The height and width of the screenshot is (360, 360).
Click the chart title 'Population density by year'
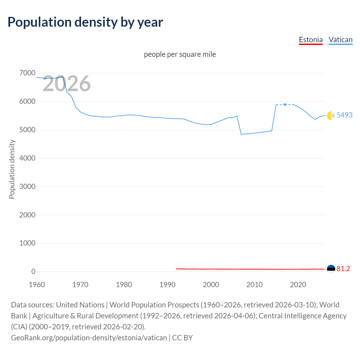pos(85,22)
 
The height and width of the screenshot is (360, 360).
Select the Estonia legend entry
pos(310,40)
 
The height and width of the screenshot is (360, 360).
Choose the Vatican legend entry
pos(340,40)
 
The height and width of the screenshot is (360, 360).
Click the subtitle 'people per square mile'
pos(180,54)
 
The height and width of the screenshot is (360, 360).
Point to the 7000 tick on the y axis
pos(27,73)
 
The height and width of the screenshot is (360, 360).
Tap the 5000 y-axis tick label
pos(27,130)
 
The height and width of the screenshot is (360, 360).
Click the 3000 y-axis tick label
pos(27,186)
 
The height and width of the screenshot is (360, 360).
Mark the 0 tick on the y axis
pos(33,271)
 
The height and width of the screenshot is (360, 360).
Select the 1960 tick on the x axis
pos(37,285)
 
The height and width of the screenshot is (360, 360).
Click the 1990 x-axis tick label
pos(167,285)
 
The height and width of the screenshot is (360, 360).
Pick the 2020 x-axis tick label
pos(298,285)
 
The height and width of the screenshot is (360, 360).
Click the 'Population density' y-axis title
pos(12,169)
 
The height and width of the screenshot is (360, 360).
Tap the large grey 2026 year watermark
pos(67,84)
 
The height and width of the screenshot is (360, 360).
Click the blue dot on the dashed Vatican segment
pos(285,105)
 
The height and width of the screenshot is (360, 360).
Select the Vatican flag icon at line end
pos(331,115)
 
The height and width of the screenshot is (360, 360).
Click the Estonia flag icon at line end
pos(331,269)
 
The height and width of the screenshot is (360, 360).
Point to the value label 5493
pos(345,115)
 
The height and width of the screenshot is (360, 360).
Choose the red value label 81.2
pos(343,269)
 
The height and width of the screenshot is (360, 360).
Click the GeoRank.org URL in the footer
pos(89,337)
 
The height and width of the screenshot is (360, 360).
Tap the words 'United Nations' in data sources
pos(80,305)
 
